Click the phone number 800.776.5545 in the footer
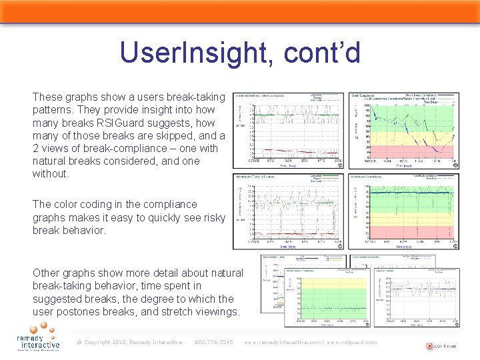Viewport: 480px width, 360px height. point(213,342)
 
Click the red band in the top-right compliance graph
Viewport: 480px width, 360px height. point(413,151)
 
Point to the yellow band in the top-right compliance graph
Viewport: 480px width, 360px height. point(413,137)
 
